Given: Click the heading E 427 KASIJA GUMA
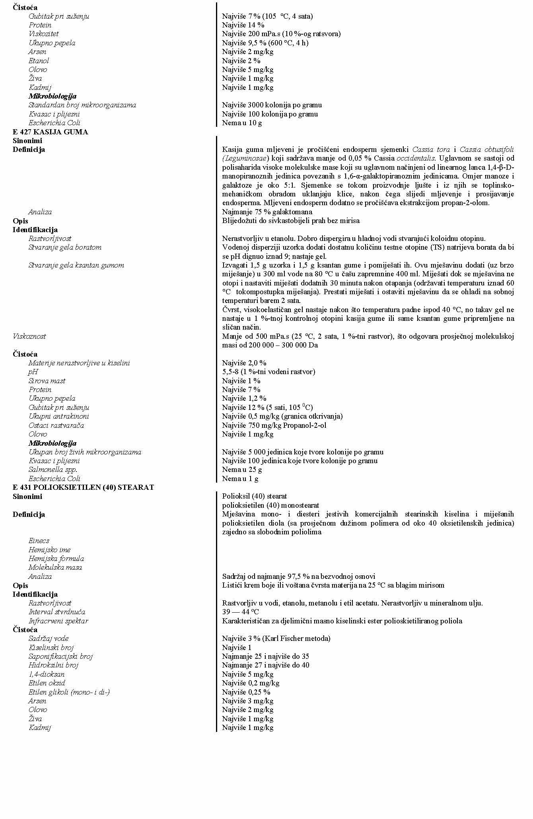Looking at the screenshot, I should [x=50, y=132].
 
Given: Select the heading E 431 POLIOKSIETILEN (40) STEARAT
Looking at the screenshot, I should [x=83, y=487].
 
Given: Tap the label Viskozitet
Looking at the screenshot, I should [x=44, y=34].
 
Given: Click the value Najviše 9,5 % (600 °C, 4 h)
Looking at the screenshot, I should [x=265, y=43].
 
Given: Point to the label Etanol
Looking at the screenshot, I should [x=39, y=61].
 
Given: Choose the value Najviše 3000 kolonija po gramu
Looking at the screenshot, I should [x=272, y=105].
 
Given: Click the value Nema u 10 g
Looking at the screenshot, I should [x=242, y=123].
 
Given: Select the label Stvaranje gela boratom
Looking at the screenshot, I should [x=65, y=247].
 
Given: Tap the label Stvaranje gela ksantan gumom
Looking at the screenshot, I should [x=76, y=265].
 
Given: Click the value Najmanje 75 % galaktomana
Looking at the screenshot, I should [x=267, y=212].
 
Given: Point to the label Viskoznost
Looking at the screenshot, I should [x=29, y=336].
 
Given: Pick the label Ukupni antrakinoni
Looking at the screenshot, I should [x=58, y=416].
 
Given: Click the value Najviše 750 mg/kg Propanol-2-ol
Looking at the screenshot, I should [x=274, y=425].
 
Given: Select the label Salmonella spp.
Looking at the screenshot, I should [x=53, y=470].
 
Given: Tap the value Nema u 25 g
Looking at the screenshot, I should [x=242, y=470].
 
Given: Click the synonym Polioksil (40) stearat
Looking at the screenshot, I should [x=255, y=496].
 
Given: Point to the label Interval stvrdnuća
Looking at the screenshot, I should [x=56, y=612].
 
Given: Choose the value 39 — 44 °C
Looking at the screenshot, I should [x=241, y=612].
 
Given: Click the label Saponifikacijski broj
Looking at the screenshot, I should [x=60, y=656].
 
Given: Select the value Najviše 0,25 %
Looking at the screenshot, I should [x=246, y=692].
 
